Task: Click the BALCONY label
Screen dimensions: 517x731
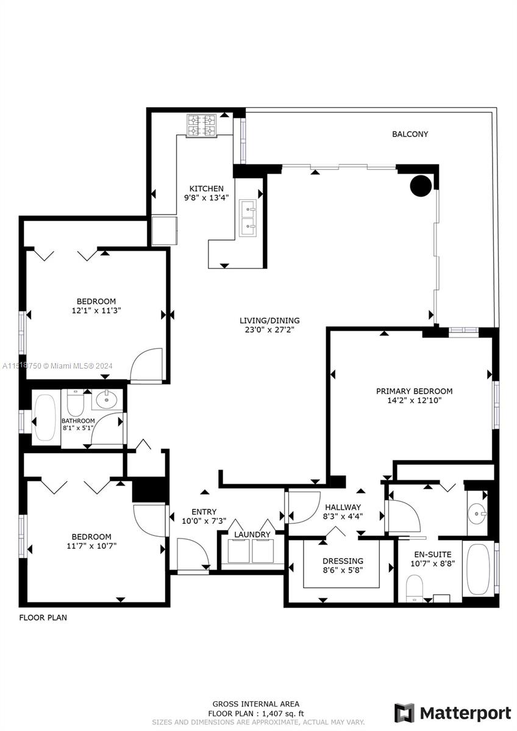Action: tap(410, 134)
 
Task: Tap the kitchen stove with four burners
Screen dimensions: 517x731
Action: tap(202, 125)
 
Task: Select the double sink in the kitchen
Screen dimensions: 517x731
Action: tap(248, 217)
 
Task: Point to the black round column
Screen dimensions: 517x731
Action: tap(421, 186)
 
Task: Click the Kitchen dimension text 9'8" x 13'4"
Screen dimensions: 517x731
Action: tap(207, 197)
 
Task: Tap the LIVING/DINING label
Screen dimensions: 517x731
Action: tap(269, 320)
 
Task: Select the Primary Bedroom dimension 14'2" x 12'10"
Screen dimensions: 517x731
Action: tap(415, 400)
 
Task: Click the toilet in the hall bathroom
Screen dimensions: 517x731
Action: tap(76, 403)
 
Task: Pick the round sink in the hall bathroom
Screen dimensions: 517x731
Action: tap(107, 399)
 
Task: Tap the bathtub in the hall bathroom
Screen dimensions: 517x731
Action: tap(46, 417)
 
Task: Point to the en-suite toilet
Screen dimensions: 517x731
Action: tap(415, 588)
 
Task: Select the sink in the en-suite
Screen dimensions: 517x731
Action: tap(477, 514)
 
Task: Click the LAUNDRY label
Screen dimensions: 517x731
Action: tap(252, 535)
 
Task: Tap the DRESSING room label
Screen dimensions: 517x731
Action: tap(343, 560)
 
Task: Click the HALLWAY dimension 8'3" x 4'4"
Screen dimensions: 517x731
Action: tap(343, 517)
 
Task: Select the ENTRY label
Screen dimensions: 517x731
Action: tap(204, 512)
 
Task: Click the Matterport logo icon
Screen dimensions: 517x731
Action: tap(405, 712)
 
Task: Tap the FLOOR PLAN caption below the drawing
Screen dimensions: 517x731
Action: tap(43, 618)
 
